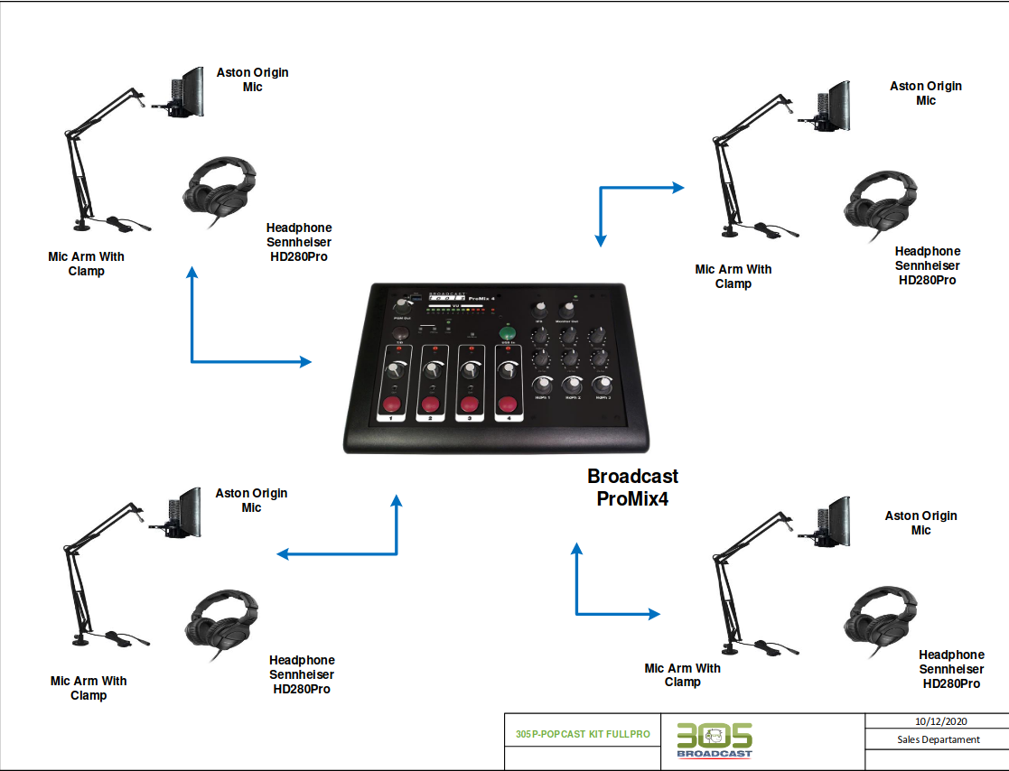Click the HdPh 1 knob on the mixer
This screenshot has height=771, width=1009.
[x=543, y=385]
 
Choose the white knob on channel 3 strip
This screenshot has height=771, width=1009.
[x=470, y=370]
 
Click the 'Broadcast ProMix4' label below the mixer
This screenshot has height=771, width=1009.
[x=632, y=488]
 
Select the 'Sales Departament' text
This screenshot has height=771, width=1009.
[x=938, y=739]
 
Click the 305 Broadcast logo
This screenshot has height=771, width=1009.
[x=714, y=740]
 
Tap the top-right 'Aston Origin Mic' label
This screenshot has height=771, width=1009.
[x=926, y=93]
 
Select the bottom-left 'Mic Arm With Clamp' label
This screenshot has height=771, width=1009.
[x=89, y=688]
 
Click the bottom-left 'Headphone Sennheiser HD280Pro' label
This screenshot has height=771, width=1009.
[x=302, y=674]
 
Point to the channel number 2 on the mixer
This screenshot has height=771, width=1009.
[x=430, y=419]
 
